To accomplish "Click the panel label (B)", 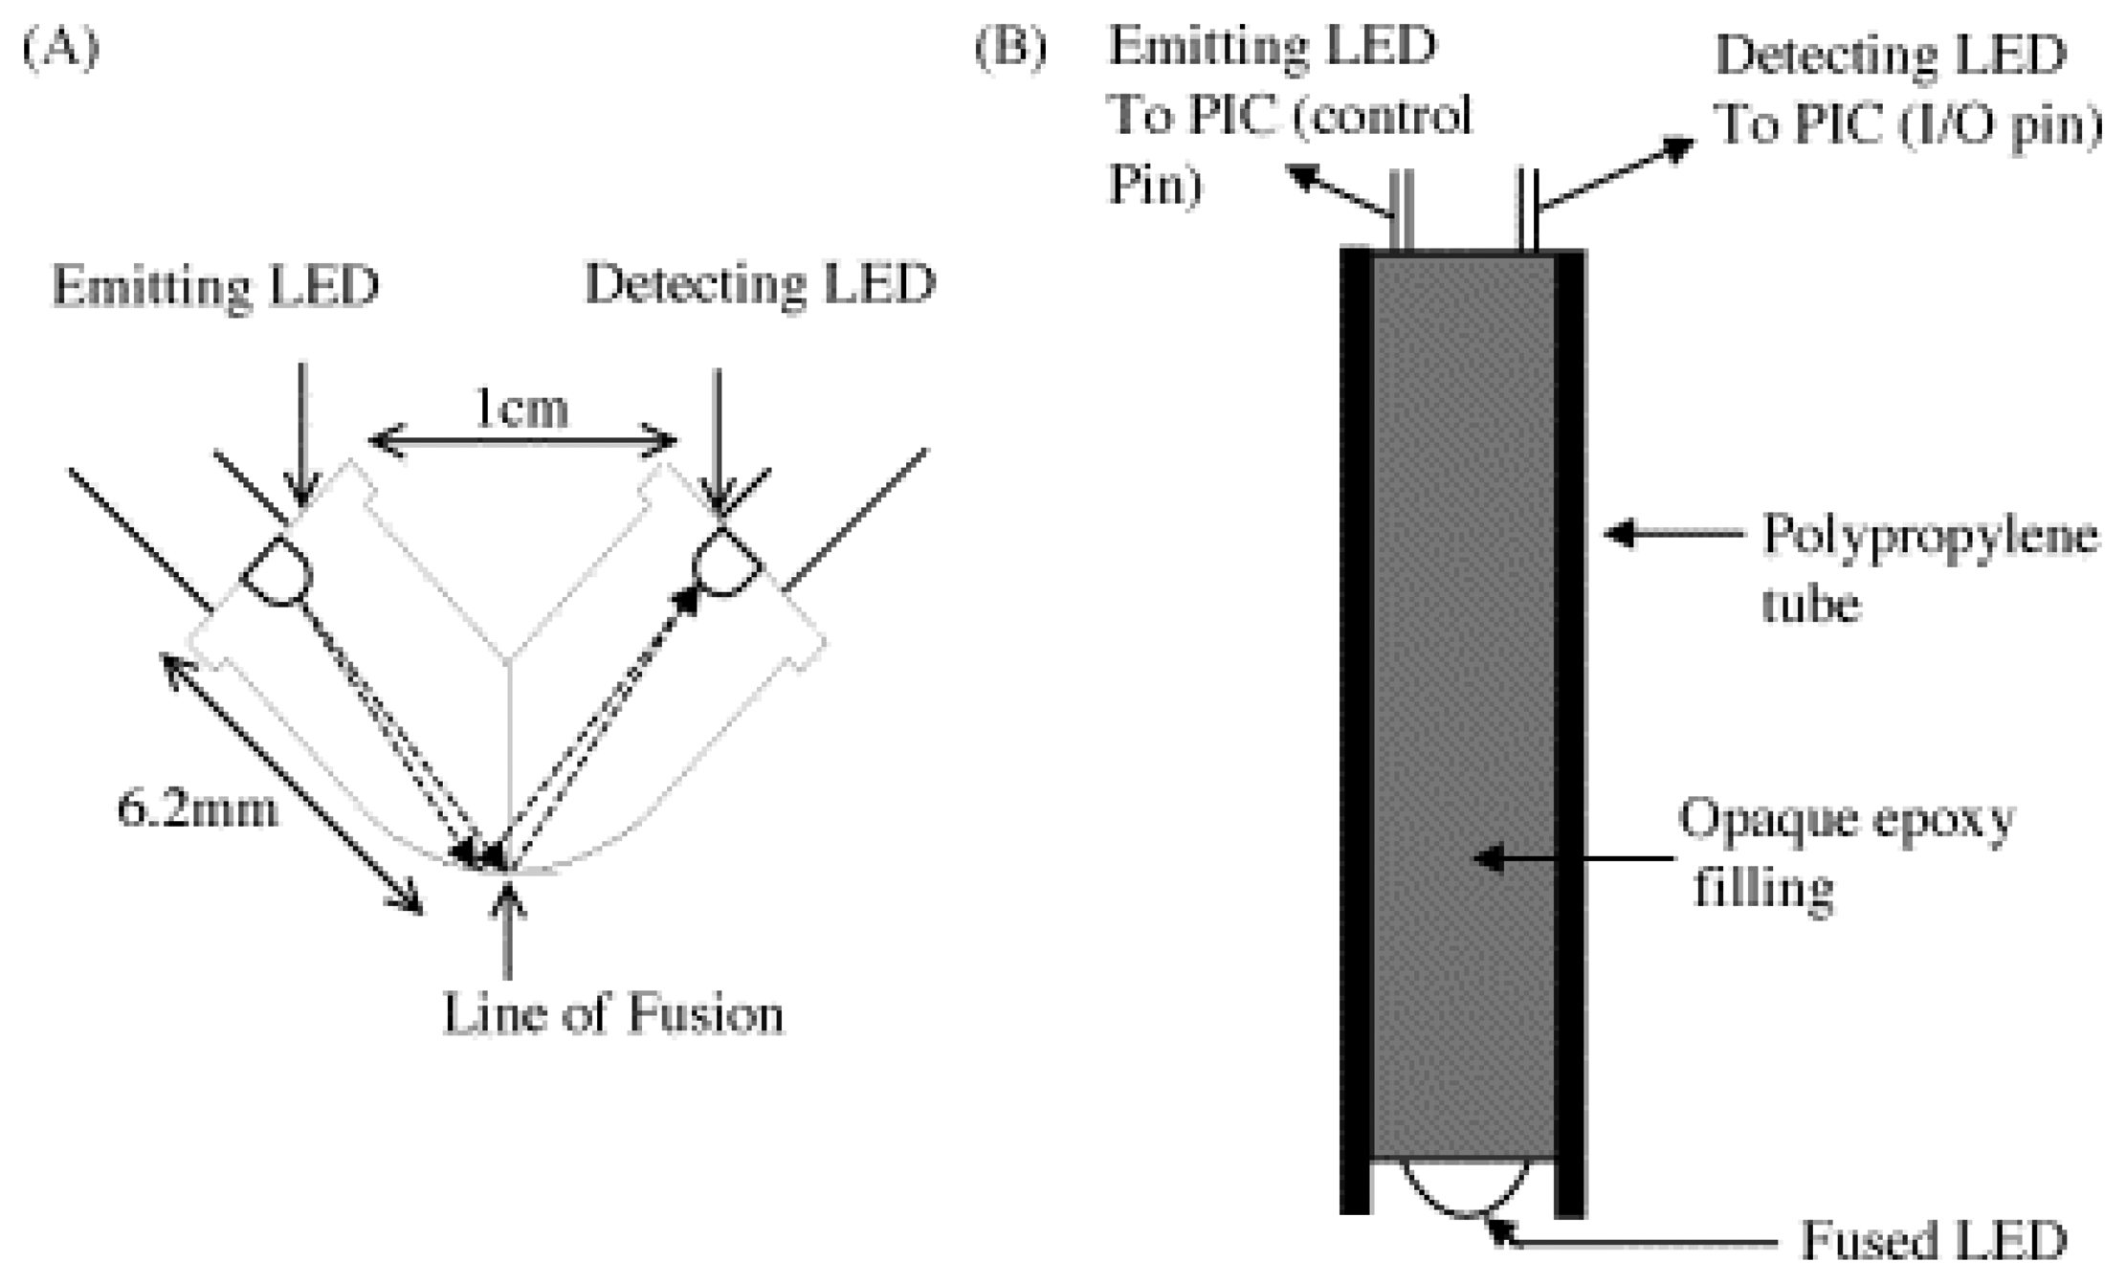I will [x=1010, y=48].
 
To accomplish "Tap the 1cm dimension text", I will [x=521, y=409].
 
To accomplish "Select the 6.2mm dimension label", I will [x=197, y=809].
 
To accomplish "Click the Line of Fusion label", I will [x=612, y=1014].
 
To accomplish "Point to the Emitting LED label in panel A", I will [x=215, y=286].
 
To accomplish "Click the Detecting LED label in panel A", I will [x=760, y=284].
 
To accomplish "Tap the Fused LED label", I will [x=1933, y=1241].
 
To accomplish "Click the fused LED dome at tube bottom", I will [x=1464, y=1186].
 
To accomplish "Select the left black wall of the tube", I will [x=1355, y=727].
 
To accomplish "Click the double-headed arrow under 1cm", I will [x=522, y=442].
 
